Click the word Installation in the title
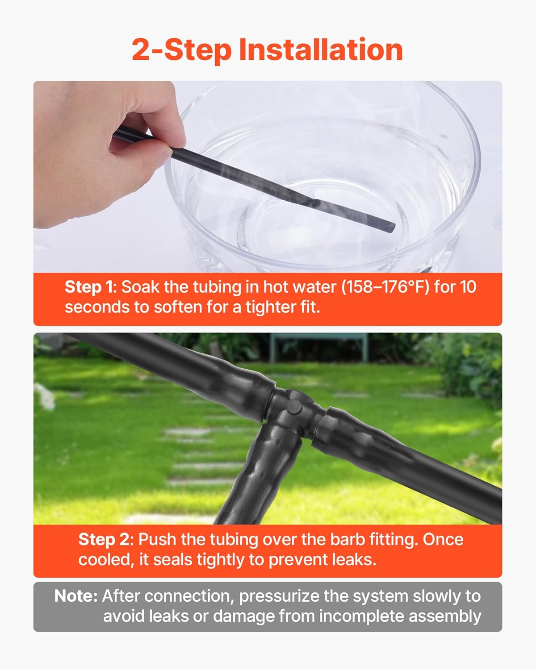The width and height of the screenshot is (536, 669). point(321,50)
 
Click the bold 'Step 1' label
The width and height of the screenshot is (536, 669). point(90,287)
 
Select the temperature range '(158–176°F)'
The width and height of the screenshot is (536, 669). point(385,287)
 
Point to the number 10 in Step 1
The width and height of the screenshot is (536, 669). point(468,287)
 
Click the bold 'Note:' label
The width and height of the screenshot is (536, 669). point(76,596)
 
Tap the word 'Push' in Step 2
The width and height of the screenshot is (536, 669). point(157,539)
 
